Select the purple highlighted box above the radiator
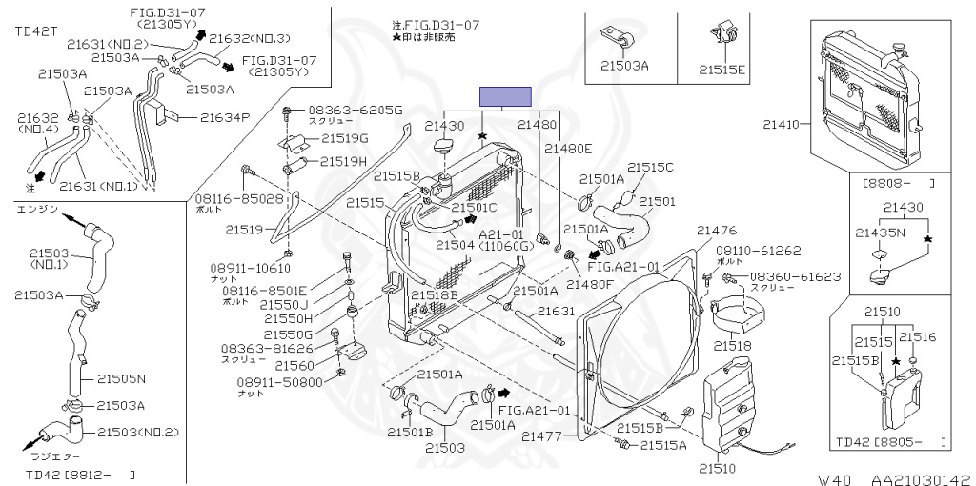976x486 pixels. pos(504,95)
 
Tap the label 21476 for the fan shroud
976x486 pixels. pos(717,230)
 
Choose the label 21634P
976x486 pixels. pos(225,117)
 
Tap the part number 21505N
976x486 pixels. pos(121,378)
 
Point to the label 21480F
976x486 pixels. pos(592,285)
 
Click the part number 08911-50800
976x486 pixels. pos(281,381)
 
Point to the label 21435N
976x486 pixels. pos(878,232)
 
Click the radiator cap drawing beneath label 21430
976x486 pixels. pos(445,152)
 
